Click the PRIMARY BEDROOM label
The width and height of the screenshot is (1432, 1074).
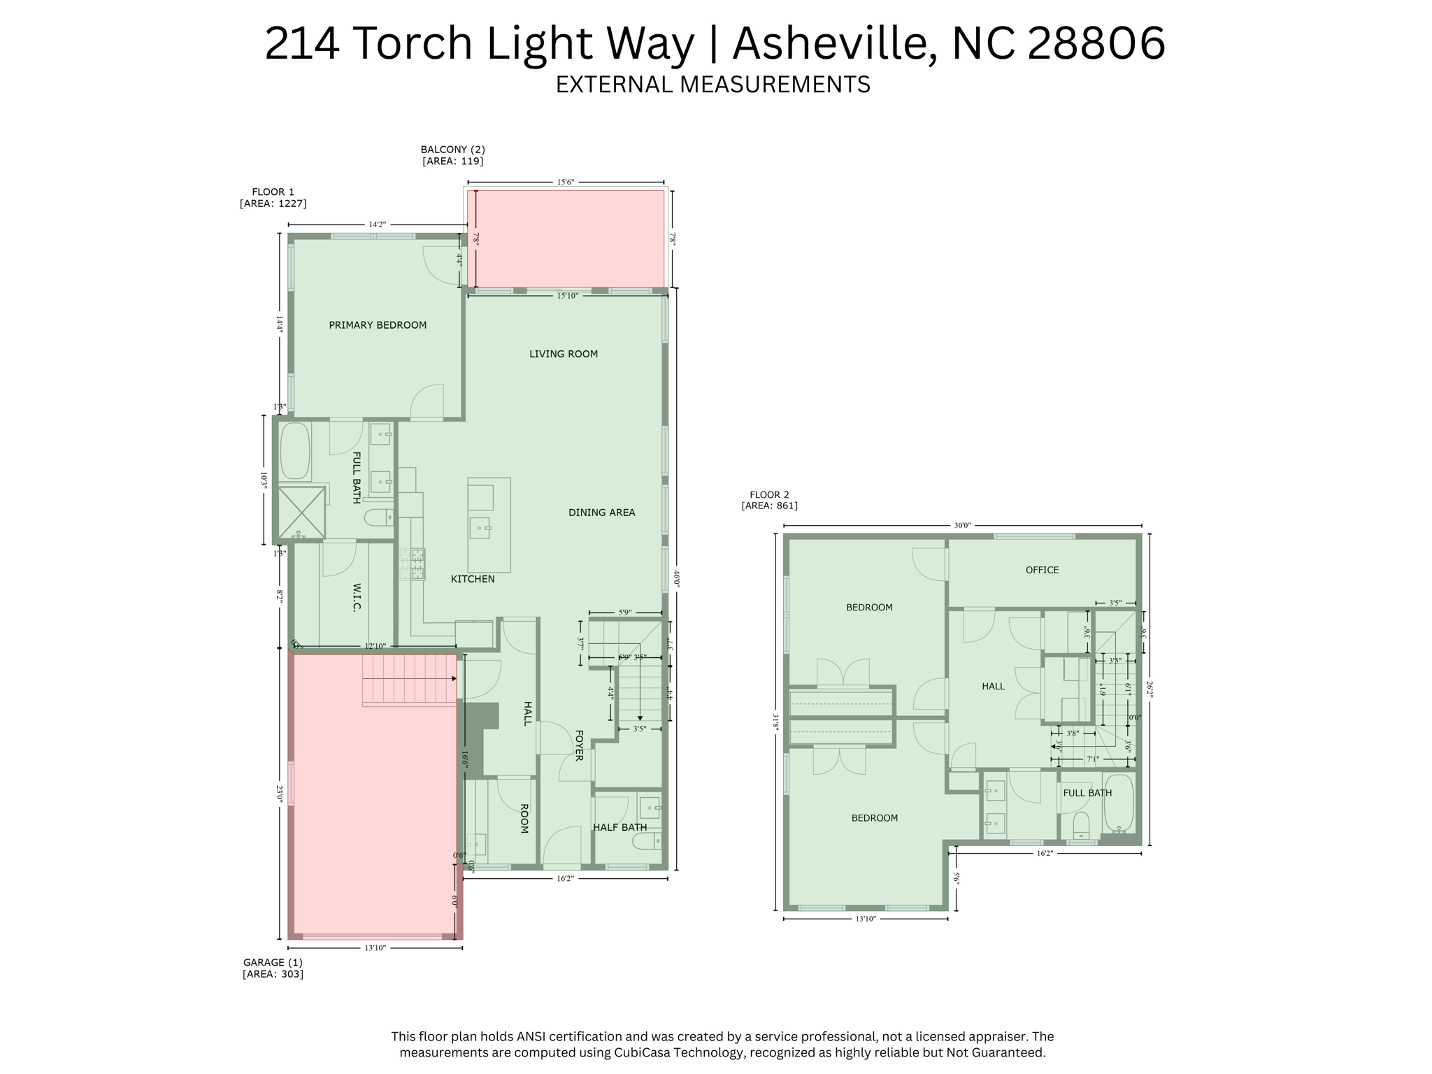[378, 325]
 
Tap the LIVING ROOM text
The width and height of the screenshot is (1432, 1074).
[563, 354]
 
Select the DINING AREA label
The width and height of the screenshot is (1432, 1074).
[601, 513]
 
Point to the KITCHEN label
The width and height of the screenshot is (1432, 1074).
[473, 579]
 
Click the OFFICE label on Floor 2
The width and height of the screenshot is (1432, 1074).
[1042, 570]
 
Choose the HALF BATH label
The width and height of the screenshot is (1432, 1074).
[620, 827]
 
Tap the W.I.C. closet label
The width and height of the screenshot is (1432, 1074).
[357, 597]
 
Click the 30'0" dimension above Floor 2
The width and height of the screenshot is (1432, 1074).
[962, 526]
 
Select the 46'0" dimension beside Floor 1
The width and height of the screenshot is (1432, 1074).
[676, 578]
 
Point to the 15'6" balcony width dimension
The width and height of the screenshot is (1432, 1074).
[565, 182]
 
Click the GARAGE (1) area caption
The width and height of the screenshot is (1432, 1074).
[273, 968]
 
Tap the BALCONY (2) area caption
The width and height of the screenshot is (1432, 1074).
[452, 155]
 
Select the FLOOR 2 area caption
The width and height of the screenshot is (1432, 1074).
[769, 500]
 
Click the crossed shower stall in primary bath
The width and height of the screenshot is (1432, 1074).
[302, 513]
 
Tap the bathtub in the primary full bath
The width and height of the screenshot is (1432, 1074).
[295, 451]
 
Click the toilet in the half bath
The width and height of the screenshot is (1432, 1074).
[647, 840]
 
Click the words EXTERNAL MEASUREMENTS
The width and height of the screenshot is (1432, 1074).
[713, 85]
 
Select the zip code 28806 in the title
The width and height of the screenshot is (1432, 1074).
[1096, 43]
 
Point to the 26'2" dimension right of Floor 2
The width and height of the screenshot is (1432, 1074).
[1150, 689]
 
